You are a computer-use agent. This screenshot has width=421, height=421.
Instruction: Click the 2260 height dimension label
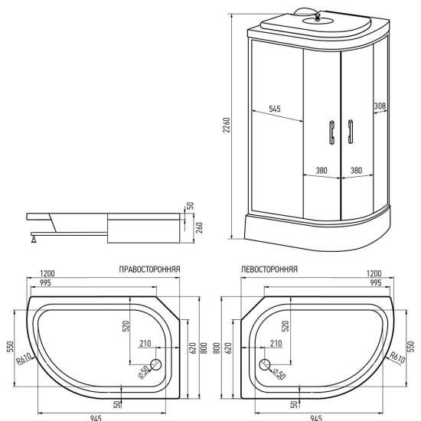pos(227,125)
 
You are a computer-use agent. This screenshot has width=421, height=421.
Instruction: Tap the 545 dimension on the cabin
pos(275,109)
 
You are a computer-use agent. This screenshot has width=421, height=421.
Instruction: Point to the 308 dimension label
pos(380,106)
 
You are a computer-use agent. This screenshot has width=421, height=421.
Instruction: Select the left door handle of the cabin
pos(332,132)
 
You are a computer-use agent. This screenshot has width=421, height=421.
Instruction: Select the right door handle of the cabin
pos(350,132)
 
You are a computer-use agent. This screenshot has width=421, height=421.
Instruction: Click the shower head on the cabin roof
pos(318,18)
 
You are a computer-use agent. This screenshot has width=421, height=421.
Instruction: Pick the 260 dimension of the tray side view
pos(200,227)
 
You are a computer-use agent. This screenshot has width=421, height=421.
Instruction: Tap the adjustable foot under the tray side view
pos(34,238)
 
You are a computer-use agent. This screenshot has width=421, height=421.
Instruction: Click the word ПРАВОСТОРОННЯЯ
pos(149,269)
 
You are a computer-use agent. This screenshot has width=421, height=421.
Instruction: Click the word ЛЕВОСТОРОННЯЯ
pos(269,269)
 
